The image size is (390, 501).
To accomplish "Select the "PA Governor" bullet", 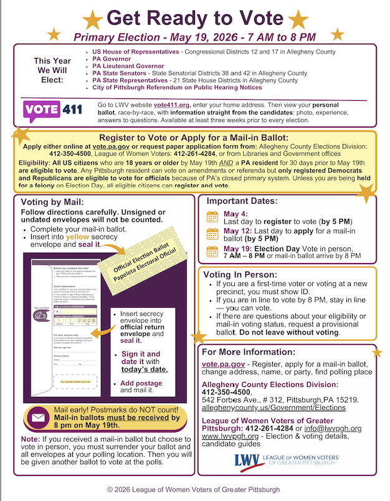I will click(112, 59).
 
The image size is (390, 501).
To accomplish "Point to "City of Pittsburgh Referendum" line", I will click(177, 87).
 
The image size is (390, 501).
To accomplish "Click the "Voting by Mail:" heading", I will click(52, 203).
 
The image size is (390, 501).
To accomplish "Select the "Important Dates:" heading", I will click(242, 201).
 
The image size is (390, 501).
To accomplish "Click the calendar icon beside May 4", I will click(212, 217).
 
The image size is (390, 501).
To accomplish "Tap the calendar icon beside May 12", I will click(212, 234).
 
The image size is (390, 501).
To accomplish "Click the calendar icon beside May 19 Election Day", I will click(212, 252).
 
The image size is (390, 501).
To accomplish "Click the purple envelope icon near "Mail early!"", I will click(37, 417).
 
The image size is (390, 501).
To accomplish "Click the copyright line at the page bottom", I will click(194, 489).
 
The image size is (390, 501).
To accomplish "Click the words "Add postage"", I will click(141, 383).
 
